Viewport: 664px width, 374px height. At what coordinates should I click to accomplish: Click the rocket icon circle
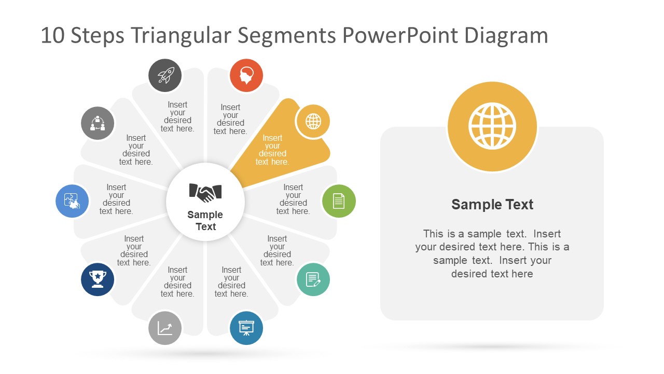click(165, 75)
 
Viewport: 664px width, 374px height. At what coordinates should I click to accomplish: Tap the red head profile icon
click(246, 75)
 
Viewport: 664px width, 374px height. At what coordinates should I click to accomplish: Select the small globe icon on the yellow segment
click(313, 122)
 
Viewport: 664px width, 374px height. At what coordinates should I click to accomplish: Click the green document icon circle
click(339, 201)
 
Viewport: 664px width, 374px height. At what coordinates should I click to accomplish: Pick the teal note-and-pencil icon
click(313, 279)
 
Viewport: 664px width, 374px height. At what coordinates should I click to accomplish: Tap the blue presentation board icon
click(246, 328)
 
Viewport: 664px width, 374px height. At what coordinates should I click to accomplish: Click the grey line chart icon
click(165, 328)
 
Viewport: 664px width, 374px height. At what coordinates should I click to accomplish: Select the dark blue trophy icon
click(98, 279)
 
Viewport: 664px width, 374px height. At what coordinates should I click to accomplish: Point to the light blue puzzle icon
click(72, 201)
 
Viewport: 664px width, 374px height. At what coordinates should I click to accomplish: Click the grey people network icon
click(98, 124)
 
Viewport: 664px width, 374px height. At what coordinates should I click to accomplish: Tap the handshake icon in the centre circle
click(205, 193)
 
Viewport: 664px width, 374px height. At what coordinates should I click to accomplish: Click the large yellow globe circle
click(492, 126)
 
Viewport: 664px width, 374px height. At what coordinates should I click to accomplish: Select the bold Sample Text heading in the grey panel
click(492, 205)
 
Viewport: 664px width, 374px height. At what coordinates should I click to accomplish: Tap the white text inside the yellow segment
click(272, 150)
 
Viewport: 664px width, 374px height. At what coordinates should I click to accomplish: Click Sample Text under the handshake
click(205, 221)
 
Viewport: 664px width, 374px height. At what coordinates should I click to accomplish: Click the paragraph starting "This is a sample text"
click(492, 253)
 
